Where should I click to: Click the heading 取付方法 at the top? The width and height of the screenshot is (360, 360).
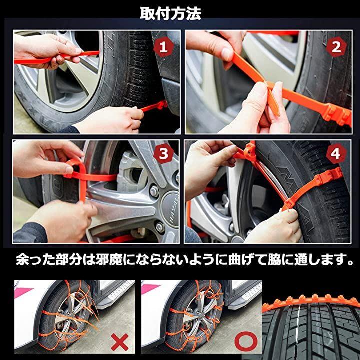click(171, 14)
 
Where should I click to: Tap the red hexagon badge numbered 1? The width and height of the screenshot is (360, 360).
click(163, 47)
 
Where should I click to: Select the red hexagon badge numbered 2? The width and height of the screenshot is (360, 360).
click(336, 47)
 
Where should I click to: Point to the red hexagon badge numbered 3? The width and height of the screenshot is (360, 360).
click(163, 153)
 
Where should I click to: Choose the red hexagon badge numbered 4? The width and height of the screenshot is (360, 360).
click(335, 153)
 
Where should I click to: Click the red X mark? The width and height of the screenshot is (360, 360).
click(120, 342)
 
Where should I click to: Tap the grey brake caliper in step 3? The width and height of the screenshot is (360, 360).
click(131, 171)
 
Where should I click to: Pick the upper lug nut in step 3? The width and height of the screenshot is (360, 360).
click(154, 191)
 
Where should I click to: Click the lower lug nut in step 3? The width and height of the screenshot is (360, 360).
click(160, 227)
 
